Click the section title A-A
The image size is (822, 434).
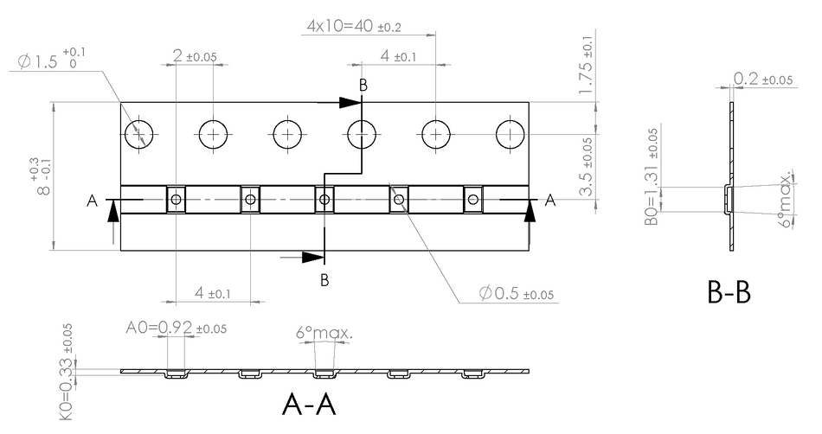pos(309,404)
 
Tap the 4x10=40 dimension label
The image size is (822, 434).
pos(354,26)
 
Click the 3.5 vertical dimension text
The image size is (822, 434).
pos(587,167)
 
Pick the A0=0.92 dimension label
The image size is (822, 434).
pos(177,328)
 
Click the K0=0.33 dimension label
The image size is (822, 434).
pos(67,372)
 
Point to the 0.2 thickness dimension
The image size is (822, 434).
pos(763,79)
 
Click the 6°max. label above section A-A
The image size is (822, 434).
pos(324,333)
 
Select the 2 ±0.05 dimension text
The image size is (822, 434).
pos(195,55)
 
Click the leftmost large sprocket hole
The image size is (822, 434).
pos(139,135)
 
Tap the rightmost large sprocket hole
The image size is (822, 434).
pos(511,135)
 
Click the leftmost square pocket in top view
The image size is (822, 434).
pos(177,200)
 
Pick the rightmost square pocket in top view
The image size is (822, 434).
pos(472,200)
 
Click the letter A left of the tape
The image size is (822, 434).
pos(93,201)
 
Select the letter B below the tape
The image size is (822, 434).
pos(324,280)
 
